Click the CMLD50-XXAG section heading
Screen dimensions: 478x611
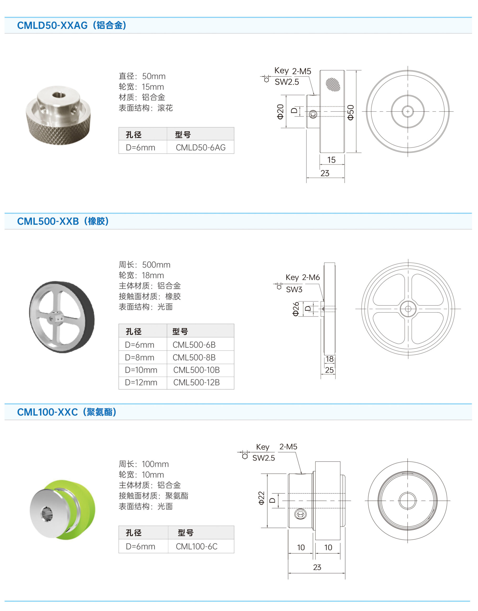(72, 25)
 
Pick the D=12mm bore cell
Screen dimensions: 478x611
(141, 382)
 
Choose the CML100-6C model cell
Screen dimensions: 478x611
(196, 546)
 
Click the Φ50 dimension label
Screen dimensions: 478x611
(350, 112)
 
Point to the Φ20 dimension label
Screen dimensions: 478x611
(280, 111)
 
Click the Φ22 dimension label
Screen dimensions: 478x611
(261, 498)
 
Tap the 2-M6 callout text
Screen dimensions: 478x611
(311, 277)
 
